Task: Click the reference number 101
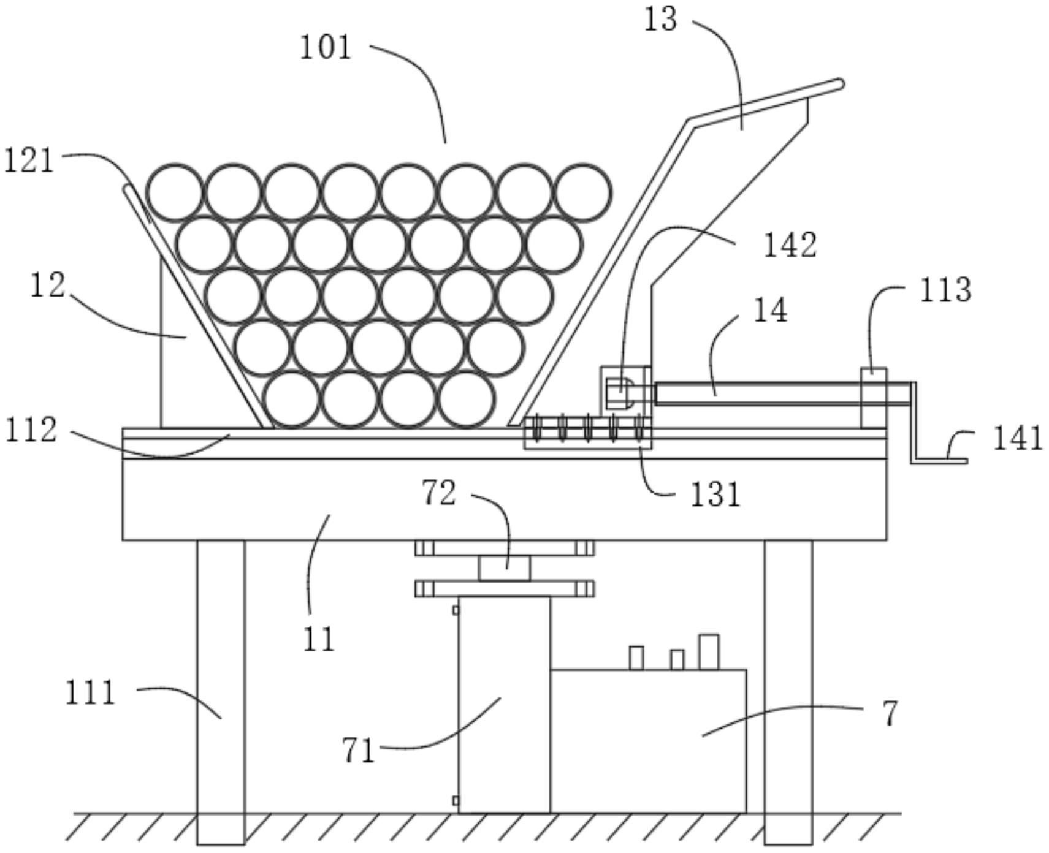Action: coord(326,48)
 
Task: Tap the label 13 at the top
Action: coord(660,19)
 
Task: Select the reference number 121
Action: coord(29,161)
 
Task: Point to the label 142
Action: coord(790,245)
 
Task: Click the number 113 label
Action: coord(945,290)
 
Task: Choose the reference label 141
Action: coord(1018,439)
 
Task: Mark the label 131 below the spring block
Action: coord(715,495)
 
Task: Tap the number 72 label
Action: coord(439,493)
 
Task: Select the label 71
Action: coord(359,750)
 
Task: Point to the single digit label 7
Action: coord(890,714)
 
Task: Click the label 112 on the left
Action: coord(31,430)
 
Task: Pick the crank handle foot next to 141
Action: coord(939,460)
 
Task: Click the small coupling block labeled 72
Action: coord(504,569)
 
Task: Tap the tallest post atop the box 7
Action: coord(709,652)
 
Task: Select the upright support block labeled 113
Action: coord(874,398)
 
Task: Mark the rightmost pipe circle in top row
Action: coord(582,192)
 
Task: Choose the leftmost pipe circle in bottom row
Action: coord(292,399)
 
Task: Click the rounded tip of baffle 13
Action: coord(839,85)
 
